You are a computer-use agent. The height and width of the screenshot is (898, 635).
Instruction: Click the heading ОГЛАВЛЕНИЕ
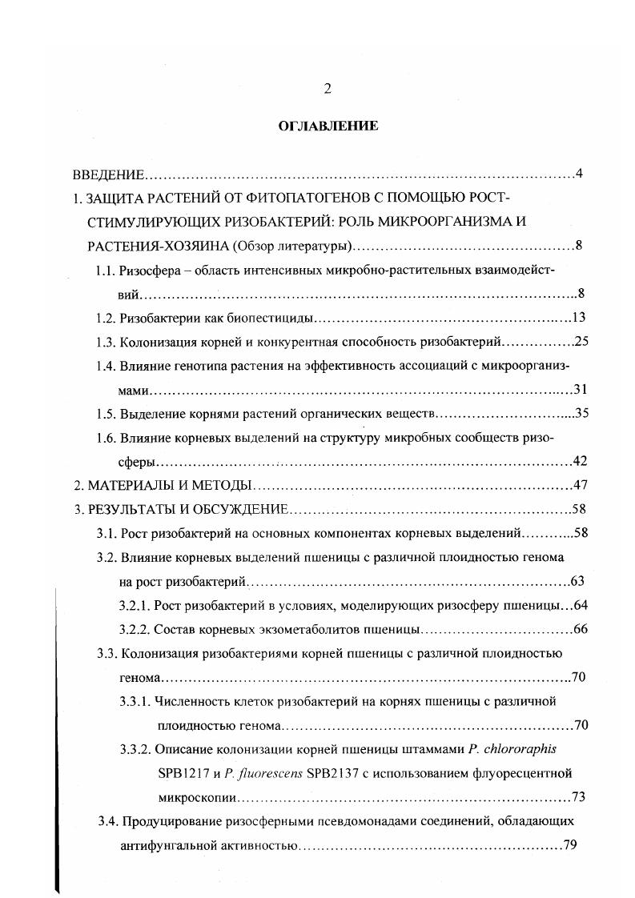(x=328, y=126)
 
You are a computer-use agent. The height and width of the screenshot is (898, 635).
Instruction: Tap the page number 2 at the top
(x=328, y=89)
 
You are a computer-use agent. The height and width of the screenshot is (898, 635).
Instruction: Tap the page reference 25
(x=581, y=342)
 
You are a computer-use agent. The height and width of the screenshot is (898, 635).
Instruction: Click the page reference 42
(x=581, y=462)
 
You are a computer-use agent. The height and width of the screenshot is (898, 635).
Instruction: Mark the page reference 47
(x=581, y=486)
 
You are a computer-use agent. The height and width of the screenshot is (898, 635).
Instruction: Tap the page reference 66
(x=581, y=628)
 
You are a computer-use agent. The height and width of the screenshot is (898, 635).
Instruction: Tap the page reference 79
(x=570, y=845)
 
